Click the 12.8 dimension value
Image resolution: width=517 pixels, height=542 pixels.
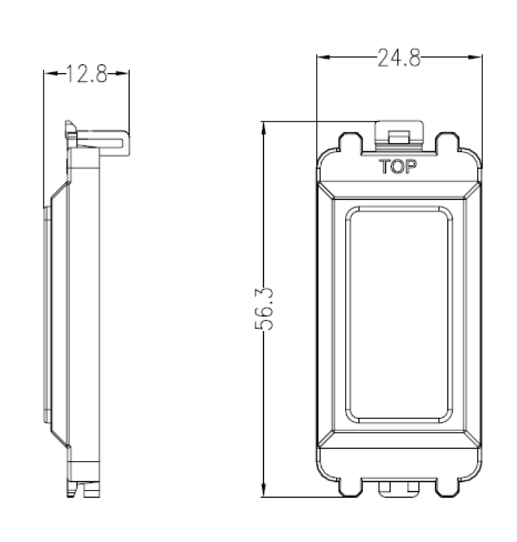click(x=86, y=73)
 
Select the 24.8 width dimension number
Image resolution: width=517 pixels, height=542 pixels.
click(x=399, y=59)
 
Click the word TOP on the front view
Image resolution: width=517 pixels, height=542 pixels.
click(x=399, y=167)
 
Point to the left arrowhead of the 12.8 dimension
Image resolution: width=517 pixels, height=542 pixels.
click(x=48, y=73)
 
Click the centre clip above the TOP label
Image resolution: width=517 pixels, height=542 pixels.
click(x=399, y=134)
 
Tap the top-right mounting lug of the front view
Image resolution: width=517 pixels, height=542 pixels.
click(x=449, y=142)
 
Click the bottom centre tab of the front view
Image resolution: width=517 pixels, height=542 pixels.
click(x=399, y=489)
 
